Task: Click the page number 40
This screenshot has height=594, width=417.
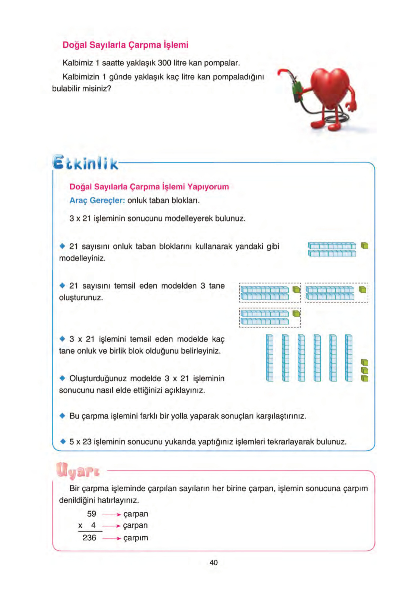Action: (x=213, y=562)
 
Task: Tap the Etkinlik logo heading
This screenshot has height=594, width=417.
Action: (x=85, y=162)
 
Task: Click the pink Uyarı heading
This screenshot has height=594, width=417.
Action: (x=78, y=470)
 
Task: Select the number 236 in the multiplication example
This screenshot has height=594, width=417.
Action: (x=89, y=538)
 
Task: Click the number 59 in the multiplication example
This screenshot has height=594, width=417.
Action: (x=91, y=514)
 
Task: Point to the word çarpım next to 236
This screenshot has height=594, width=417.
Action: (x=135, y=538)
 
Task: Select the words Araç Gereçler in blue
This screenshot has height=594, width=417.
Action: (x=97, y=200)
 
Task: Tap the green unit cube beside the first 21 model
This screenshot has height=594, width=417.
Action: (x=365, y=246)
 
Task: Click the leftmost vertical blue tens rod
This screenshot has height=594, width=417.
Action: (x=269, y=358)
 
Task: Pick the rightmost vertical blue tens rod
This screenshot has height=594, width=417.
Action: (x=348, y=358)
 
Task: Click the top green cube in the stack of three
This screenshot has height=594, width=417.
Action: (x=365, y=362)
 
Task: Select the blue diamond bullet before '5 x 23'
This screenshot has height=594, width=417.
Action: (x=63, y=441)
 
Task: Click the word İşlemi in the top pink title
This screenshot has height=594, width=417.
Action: (x=176, y=45)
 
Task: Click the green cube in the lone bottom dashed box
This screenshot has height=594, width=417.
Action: (x=296, y=314)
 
